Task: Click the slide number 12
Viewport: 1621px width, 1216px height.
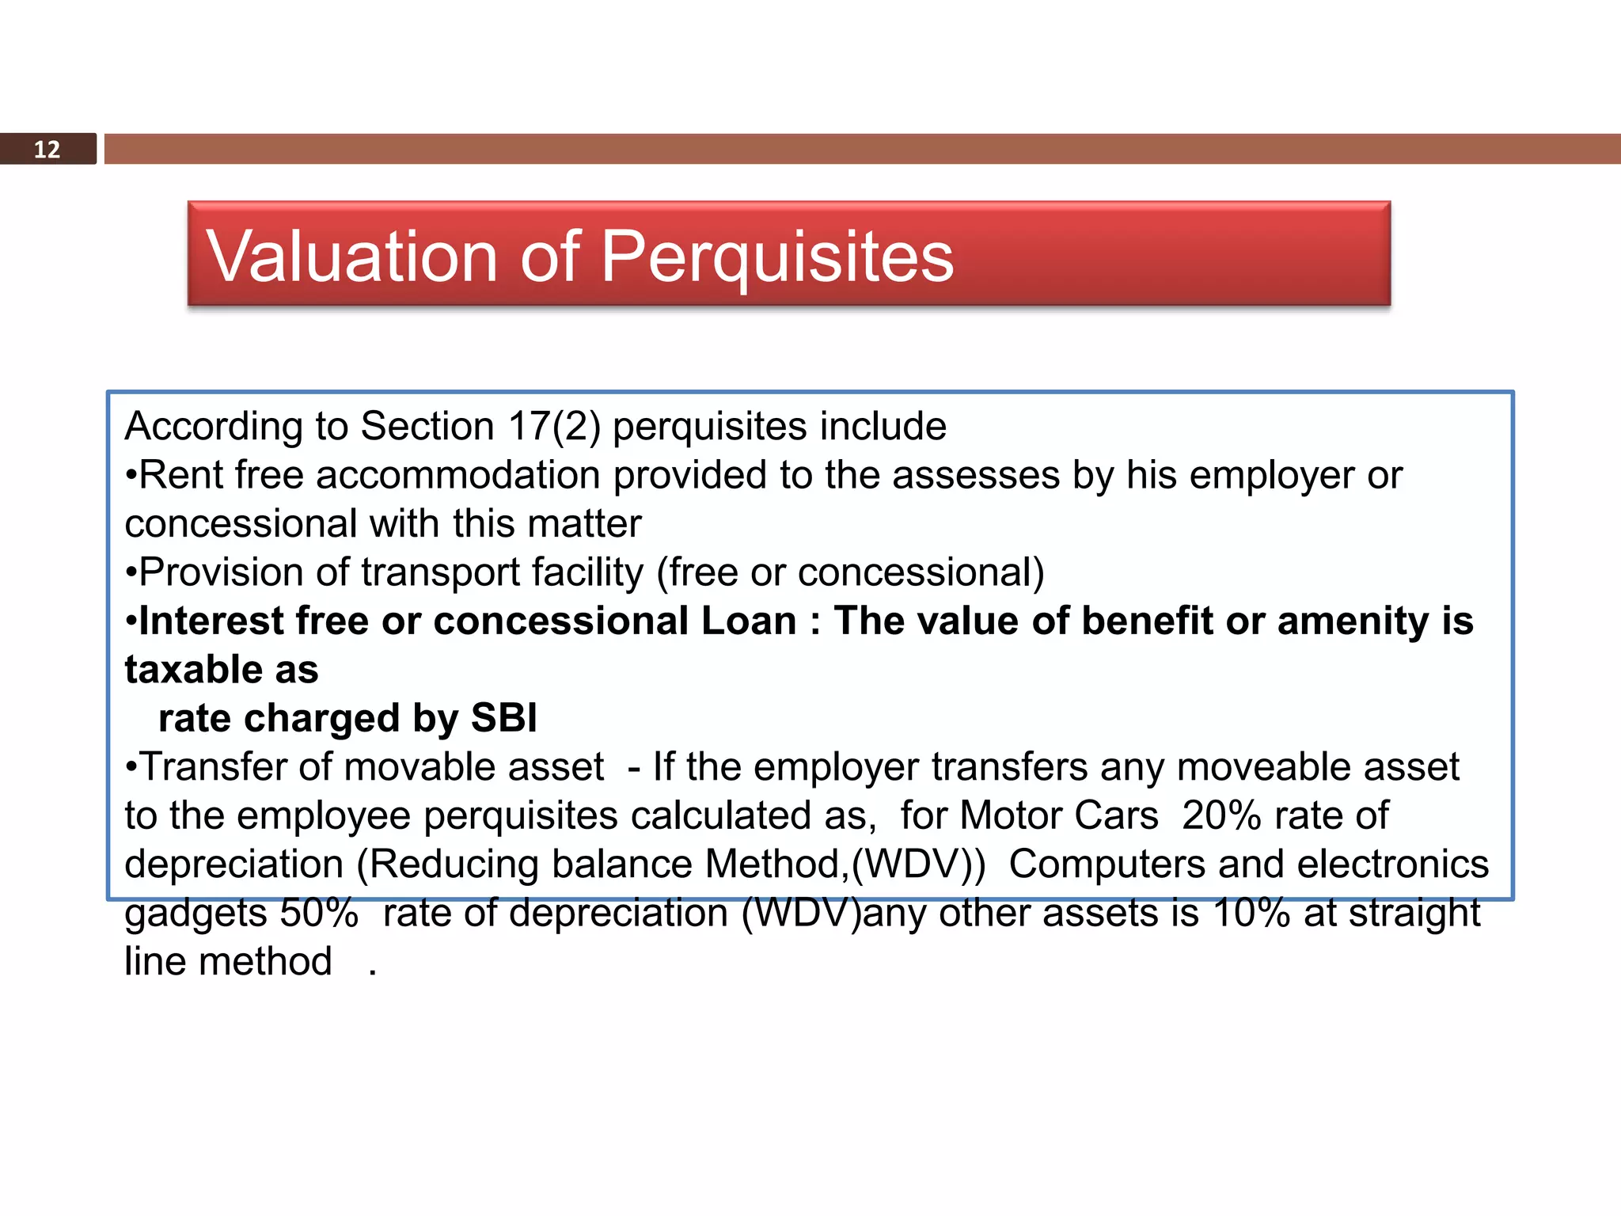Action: pos(47,150)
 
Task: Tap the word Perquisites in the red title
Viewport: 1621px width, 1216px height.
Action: pos(777,256)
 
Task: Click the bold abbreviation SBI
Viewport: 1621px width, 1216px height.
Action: pos(503,719)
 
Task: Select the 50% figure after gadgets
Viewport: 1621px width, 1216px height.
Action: pos(320,913)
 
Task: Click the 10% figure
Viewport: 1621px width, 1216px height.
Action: pos(1251,913)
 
